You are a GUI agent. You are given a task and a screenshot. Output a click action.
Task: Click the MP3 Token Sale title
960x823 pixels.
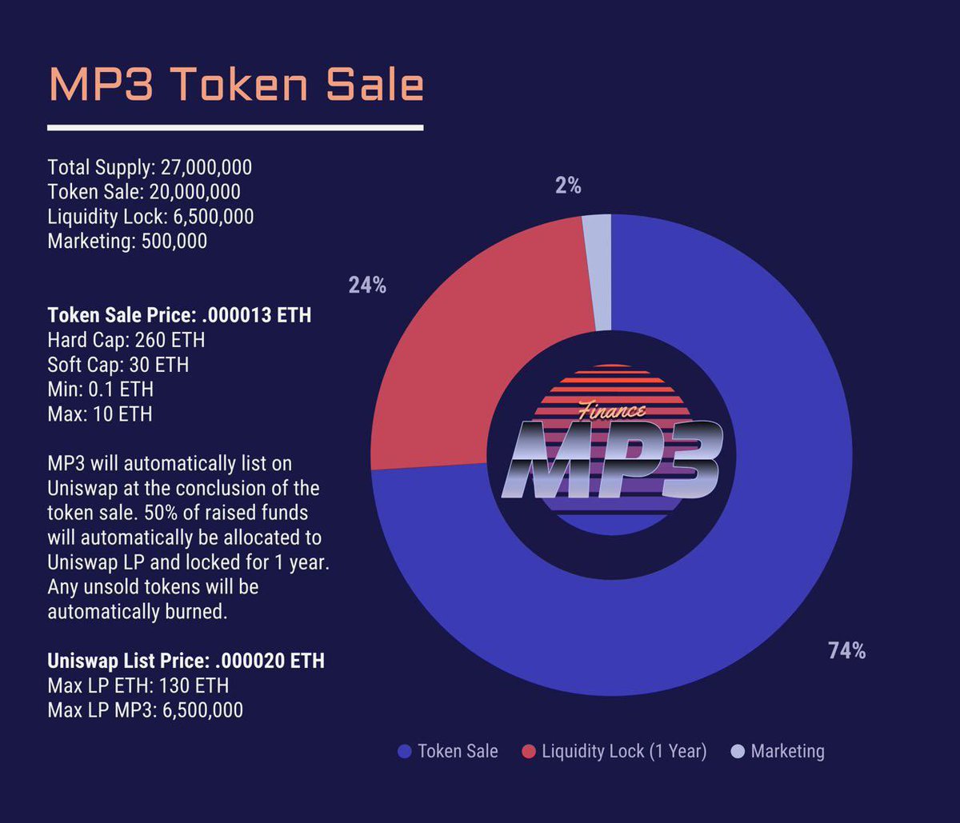(x=236, y=84)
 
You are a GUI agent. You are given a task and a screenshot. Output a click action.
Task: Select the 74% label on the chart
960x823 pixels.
(x=846, y=651)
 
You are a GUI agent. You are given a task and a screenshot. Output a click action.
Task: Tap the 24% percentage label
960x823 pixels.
(x=367, y=285)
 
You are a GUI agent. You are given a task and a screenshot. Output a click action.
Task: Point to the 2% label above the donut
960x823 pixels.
(x=568, y=186)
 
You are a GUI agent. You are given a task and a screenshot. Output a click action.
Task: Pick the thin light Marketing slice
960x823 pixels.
(x=597, y=272)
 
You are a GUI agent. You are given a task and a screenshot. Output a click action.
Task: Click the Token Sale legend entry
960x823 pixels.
(x=448, y=751)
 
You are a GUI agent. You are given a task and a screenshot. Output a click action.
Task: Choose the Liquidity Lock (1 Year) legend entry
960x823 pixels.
(x=614, y=751)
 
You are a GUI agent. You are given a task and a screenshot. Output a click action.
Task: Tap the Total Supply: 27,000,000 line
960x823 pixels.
(x=150, y=167)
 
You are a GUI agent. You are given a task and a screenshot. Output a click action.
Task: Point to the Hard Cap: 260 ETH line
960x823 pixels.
(x=126, y=340)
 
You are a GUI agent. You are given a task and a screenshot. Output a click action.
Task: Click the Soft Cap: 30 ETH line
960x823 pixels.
(x=118, y=365)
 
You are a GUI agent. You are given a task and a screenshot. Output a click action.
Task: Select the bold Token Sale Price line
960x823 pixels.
(x=179, y=315)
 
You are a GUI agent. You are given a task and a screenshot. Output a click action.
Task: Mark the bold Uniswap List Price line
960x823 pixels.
(x=186, y=661)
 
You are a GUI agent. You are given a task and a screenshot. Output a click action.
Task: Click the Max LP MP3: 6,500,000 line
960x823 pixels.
(x=145, y=709)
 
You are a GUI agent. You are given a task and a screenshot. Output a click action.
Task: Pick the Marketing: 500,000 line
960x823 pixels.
(x=127, y=241)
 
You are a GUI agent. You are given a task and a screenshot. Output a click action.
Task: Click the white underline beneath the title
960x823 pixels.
(x=235, y=127)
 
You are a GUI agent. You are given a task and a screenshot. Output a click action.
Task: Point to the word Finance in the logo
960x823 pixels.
(x=612, y=411)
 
